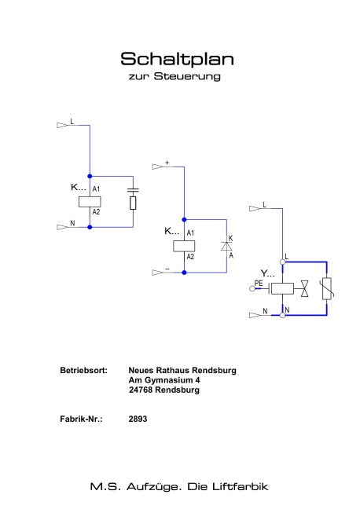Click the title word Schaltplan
[x=177, y=59]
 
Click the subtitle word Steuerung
[x=187, y=76]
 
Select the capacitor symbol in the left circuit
[x=133, y=190]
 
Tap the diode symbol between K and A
[x=226, y=247]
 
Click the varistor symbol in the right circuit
[x=327, y=288]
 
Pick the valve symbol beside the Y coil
[x=305, y=288]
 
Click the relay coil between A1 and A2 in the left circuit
[x=90, y=202]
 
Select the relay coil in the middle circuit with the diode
[x=184, y=246]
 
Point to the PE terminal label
[x=259, y=283]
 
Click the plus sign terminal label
[x=167, y=163]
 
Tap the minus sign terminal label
[x=167, y=269]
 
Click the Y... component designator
[x=267, y=273]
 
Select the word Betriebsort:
[x=83, y=371]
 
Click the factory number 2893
[x=138, y=419]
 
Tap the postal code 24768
[x=141, y=390]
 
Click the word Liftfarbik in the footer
[x=240, y=486]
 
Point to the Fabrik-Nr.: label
[x=81, y=419]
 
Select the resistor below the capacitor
[x=133, y=203]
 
